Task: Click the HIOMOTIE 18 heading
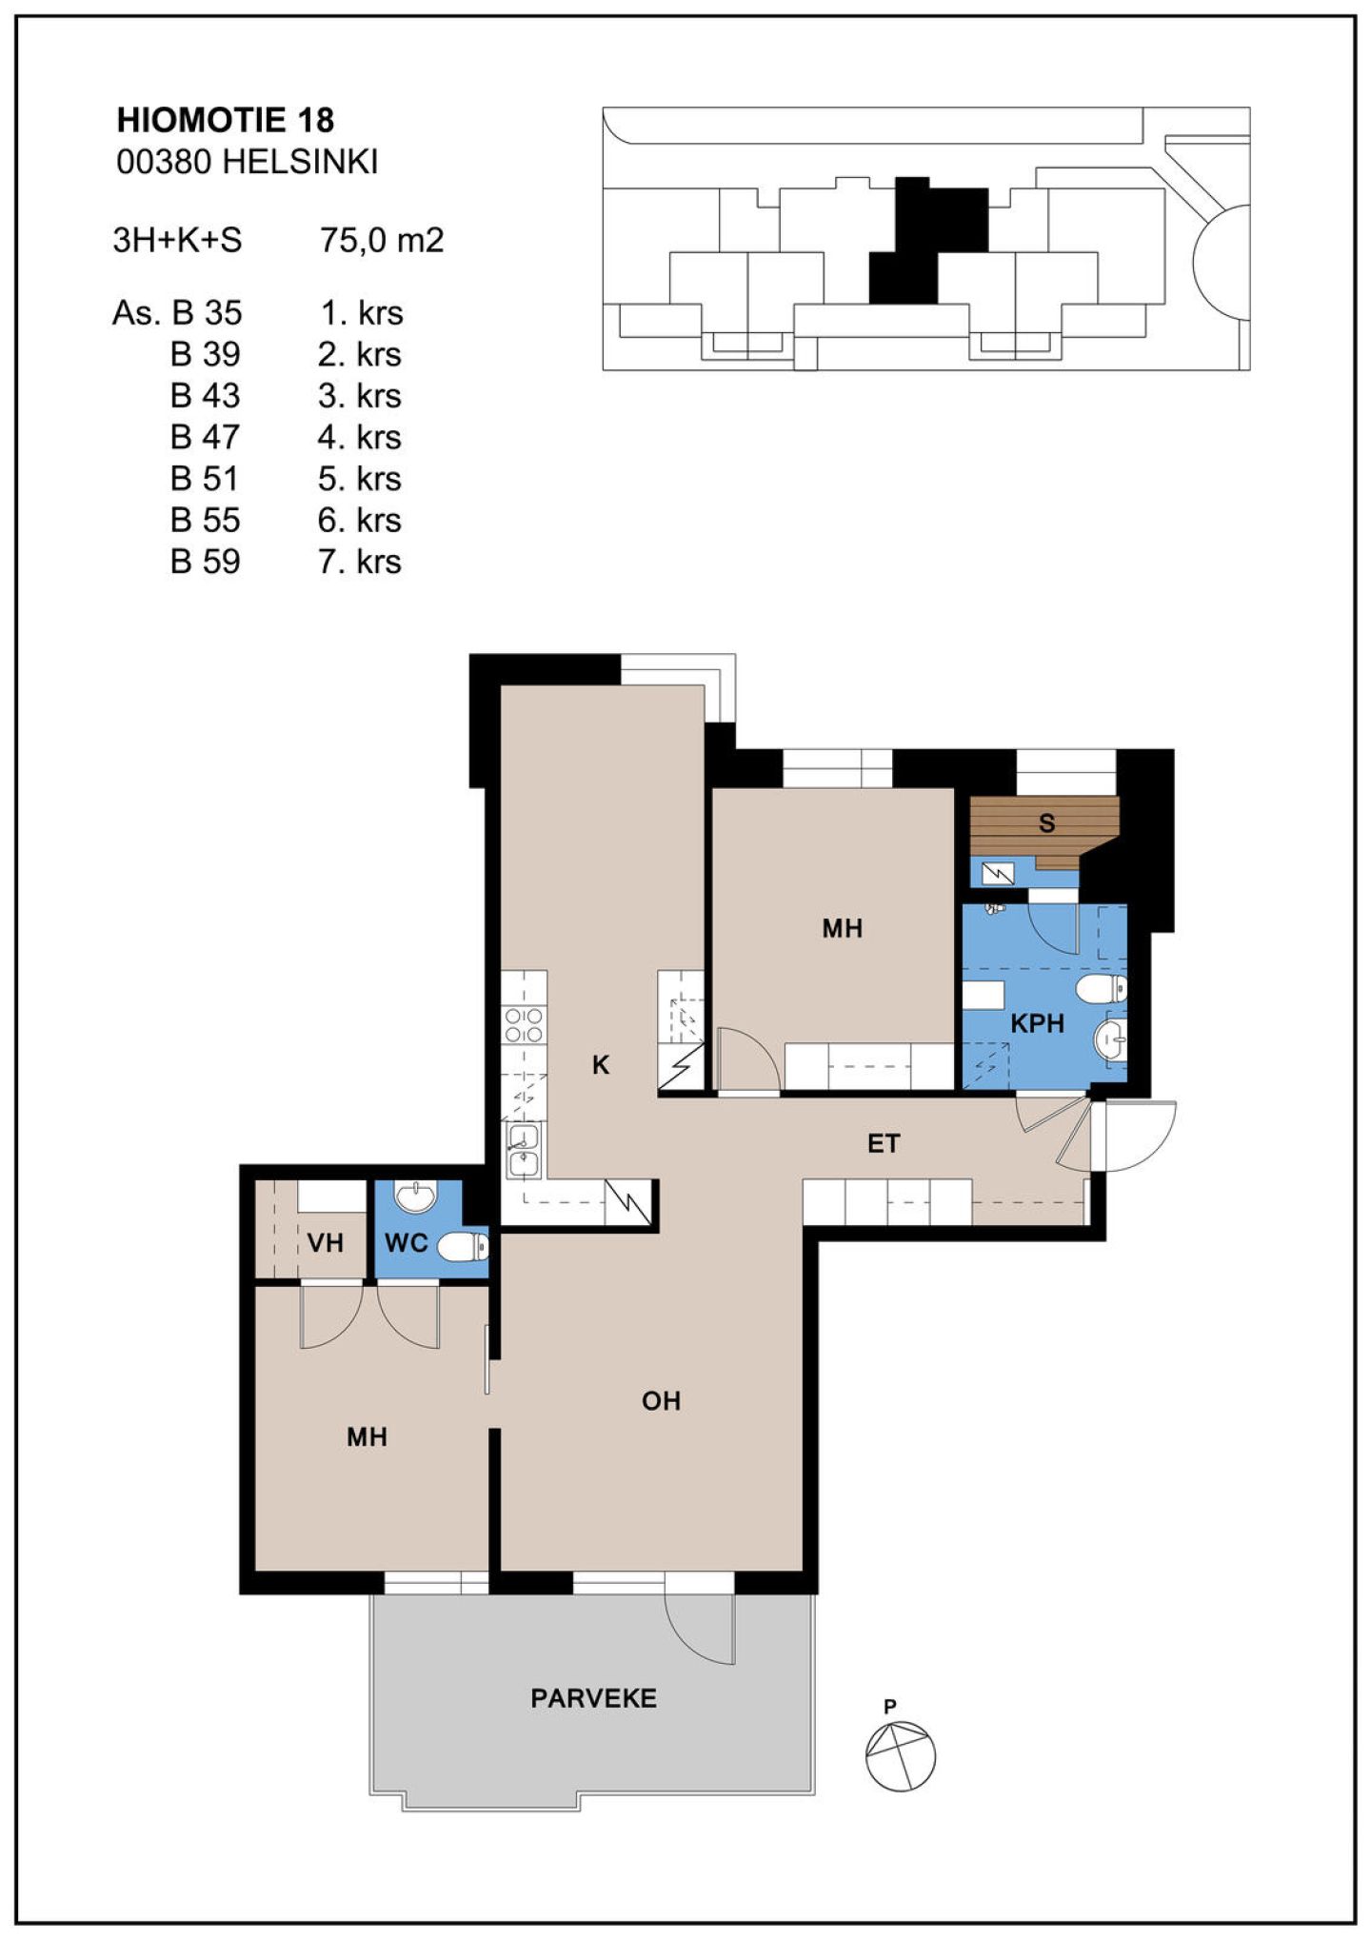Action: [226, 120]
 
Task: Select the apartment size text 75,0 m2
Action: [382, 240]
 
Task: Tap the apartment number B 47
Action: [205, 437]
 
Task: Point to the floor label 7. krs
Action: [360, 562]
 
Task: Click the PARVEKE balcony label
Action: [593, 1698]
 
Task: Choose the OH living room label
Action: [661, 1401]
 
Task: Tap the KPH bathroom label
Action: [1037, 1023]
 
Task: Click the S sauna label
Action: [1046, 823]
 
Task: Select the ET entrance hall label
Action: [884, 1143]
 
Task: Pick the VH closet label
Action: [325, 1242]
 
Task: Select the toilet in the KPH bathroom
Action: [1102, 989]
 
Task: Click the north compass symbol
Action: [901, 1755]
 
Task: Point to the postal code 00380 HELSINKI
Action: [248, 162]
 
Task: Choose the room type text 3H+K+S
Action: [177, 240]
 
